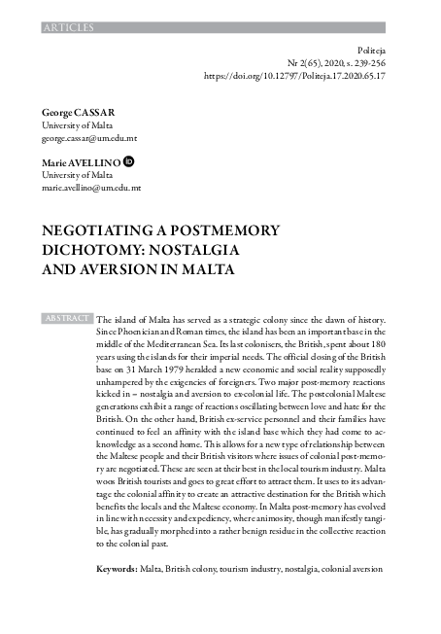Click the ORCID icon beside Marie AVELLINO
tap(129, 160)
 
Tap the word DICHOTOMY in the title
tap(89, 250)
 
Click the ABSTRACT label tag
tap(67, 318)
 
